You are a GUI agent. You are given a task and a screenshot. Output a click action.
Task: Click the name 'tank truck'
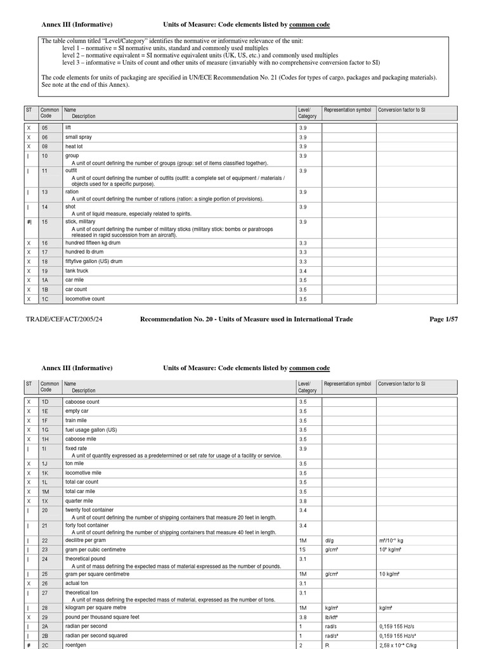(77, 271)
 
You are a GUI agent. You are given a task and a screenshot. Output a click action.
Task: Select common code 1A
(45, 280)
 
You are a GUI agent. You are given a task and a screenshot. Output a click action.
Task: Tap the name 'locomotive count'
(85, 299)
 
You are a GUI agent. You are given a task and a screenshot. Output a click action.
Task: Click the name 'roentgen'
(76, 645)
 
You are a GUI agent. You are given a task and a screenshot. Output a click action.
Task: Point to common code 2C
(45, 645)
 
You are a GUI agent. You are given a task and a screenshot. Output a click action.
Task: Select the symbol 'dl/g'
(329, 540)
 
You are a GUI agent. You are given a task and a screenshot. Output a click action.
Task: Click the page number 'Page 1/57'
(443, 319)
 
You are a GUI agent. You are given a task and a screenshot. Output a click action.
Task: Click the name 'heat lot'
(74, 146)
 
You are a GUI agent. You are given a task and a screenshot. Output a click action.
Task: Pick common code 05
(45, 128)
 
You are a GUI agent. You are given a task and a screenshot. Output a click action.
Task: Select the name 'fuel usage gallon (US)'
(91, 430)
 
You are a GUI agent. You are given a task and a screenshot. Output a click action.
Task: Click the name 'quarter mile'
(80, 501)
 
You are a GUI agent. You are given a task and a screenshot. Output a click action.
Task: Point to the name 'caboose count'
(82, 402)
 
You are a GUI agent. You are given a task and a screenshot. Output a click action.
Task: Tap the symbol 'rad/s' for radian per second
(330, 626)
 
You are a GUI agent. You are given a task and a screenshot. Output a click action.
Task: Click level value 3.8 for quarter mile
(303, 501)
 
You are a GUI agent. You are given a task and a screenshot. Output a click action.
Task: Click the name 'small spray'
(79, 137)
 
